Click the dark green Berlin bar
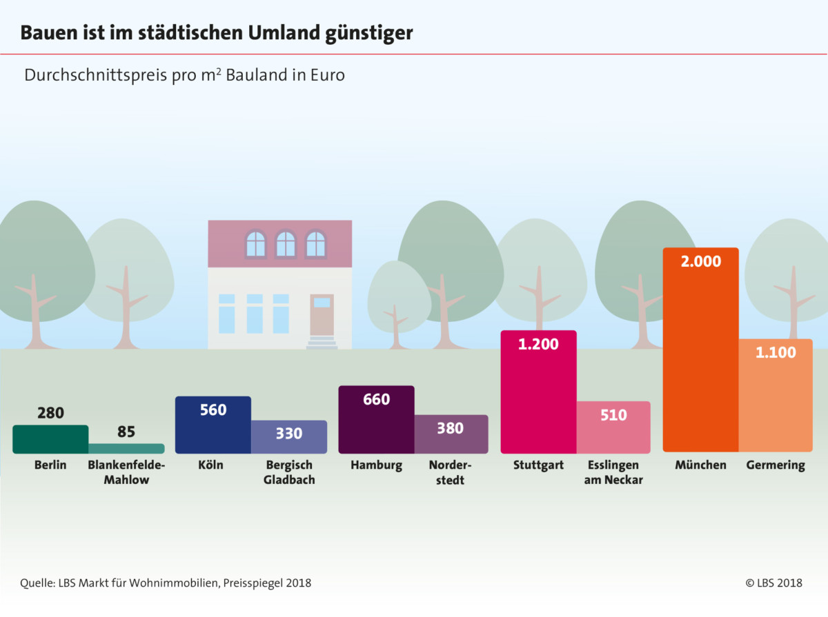pyautogui.click(x=50, y=439)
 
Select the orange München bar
pyautogui.click(x=700, y=358)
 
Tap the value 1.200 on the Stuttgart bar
pyautogui.click(x=538, y=344)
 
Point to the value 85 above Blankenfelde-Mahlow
pyautogui.click(x=126, y=432)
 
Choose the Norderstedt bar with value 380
pyautogui.click(x=451, y=434)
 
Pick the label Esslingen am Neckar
pyautogui.click(x=613, y=472)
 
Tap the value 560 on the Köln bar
pyautogui.click(x=213, y=410)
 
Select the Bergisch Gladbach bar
pyautogui.click(x=288, y=436)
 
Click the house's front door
pyautogui.click(x=322, y=315)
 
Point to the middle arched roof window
pyautogui.click(x=286, y=244)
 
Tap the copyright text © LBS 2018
pyautogui.click(x=773, y=583)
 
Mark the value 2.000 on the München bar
pyautogui.click(x=700, y=261)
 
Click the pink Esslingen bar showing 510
pyautogui.click(x=613, y=427)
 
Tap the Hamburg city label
pyautogui.click(x=376, y=465)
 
